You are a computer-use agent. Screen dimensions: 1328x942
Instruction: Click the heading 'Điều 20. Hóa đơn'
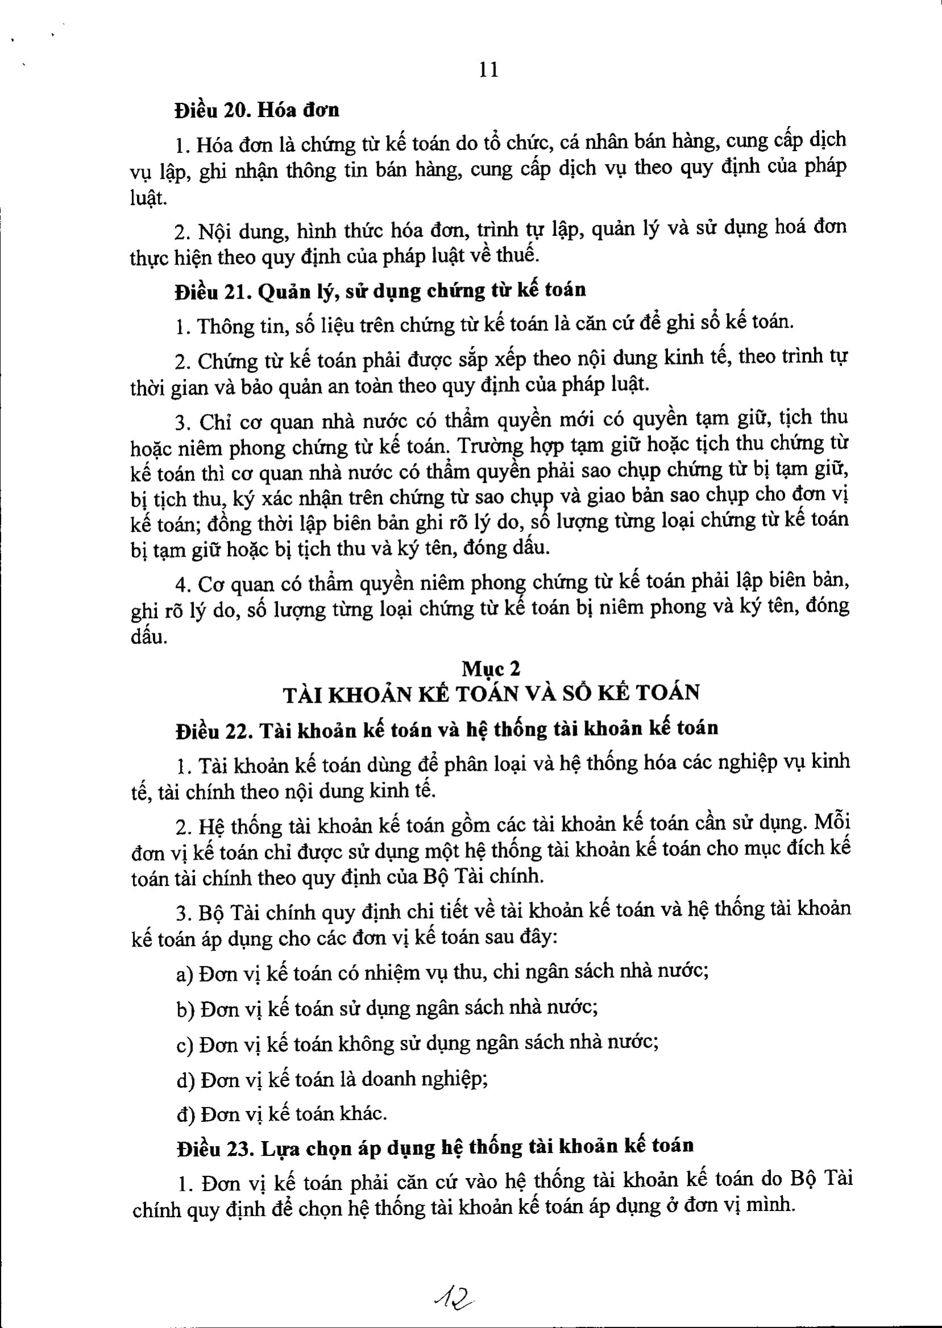[x=257, y=110]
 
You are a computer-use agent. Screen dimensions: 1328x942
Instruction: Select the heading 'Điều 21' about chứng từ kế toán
[x=381, y=290]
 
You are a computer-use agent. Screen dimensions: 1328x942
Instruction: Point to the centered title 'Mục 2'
[x=491, y=669]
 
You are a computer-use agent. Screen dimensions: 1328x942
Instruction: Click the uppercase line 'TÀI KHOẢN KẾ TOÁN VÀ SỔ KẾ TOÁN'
[x=491, y=694]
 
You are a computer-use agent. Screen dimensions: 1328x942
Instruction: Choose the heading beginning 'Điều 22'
[x=447, y=729]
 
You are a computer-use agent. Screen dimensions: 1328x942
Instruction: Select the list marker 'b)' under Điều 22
[x=186, y=1009]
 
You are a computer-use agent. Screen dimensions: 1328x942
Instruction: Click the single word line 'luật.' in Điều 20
[x=148, y=198]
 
